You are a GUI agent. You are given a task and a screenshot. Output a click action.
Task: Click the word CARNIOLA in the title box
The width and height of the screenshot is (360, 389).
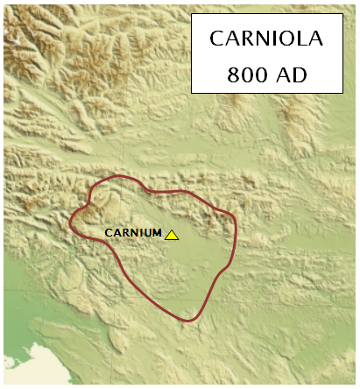tap(267, 39)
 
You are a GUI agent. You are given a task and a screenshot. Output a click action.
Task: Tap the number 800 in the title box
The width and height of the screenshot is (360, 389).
tap(244, 74)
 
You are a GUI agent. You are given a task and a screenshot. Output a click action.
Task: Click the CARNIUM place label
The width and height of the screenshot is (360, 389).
tap(133, 233)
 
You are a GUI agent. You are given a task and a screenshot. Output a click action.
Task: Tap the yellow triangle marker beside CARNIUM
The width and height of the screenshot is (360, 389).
tap(172, 235)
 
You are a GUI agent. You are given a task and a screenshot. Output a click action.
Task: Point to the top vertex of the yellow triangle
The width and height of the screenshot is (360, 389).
tap(172, 230)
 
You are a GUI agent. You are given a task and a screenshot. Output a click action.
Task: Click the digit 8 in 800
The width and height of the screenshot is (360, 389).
tap(233, 74)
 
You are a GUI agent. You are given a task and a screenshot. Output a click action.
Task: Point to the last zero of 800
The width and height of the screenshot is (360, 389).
tap(256, 74)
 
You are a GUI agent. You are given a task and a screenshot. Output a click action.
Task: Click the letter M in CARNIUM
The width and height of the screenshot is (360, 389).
tap(157, 233)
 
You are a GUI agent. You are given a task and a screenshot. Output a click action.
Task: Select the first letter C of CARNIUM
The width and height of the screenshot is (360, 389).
tap(108, 233)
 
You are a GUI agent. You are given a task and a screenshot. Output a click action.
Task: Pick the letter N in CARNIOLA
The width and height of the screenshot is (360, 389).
tap(261, 39)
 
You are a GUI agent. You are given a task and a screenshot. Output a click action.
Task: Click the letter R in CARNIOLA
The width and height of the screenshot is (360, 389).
tap(247, 39)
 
